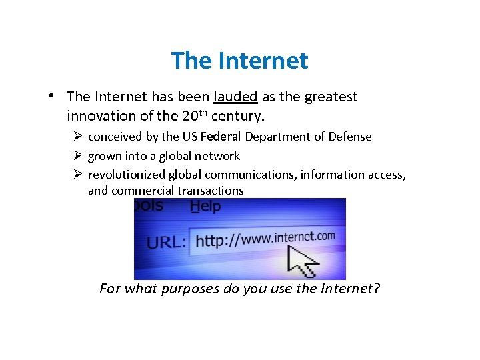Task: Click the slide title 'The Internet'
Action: click(x=239, y=61)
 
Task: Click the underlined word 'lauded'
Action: click(x=236, y=97)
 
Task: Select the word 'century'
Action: click(x=237, y=116)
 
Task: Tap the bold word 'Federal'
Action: click(x=221, y=137)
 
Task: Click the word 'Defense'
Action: click(x=349, y=137)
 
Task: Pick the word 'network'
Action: click(x=217, y=156)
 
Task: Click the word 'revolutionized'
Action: click(x=126, y=175)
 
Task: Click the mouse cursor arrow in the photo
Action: click(x=301, y=260)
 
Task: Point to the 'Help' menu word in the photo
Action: click(x=205, y=206)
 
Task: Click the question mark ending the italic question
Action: click(x=376, y=289)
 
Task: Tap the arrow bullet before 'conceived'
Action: click(x=78, y=137)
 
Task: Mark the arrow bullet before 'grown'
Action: click(x=78, y=156)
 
